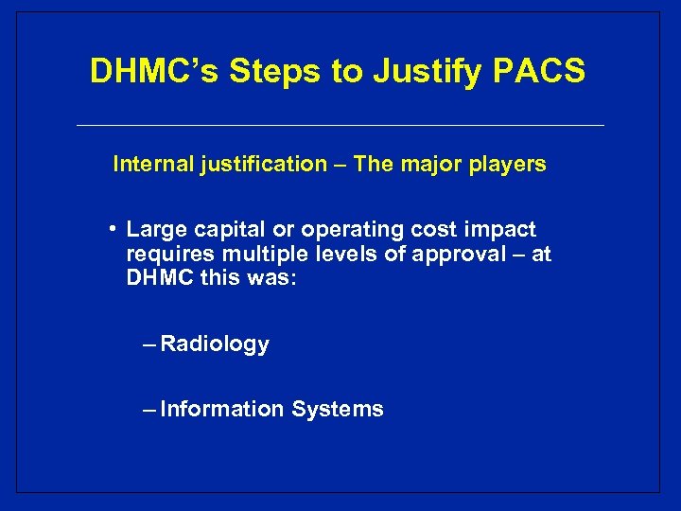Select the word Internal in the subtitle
(x=152, y=164)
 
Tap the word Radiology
(x=215, y=344)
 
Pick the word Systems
(x=338, y=409)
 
